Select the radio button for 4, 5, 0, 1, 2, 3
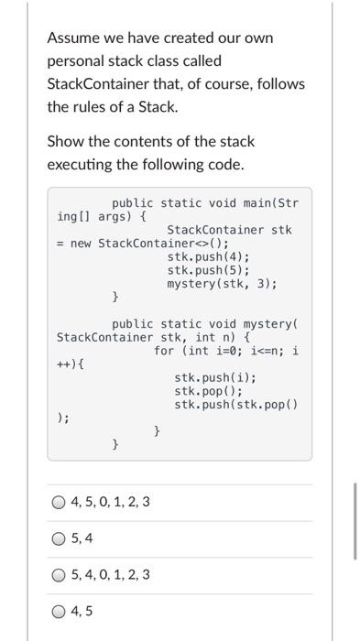(60, 502)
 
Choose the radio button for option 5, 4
(60, 538)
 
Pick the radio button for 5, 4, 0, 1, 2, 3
(60, 575)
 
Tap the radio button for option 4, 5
(60, 612)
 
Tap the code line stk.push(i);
(215, 378)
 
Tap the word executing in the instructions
(81, 164)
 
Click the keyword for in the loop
(164, 351)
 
